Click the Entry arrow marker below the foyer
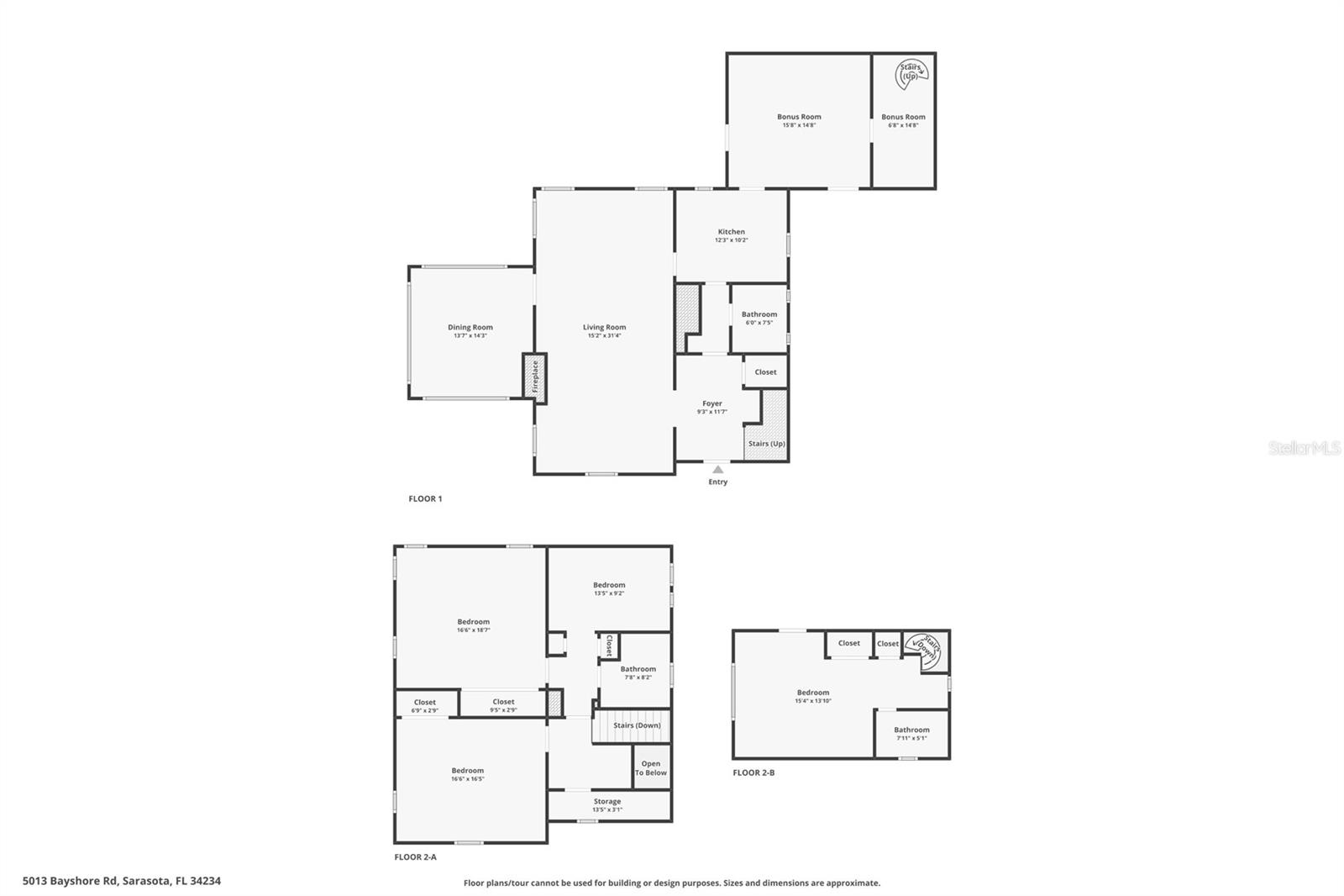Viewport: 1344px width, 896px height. pyautogui.click(x=717, y=470)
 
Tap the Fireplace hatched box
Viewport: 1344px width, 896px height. pyautogui.click(x=534, y=377)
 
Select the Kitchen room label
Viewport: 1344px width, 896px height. pyautogui.click(x=731, y=232)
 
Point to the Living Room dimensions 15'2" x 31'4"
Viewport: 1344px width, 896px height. pyautogui.click(x=604, y=336)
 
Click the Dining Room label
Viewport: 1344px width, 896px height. pyautogui.click(x=470, y=328)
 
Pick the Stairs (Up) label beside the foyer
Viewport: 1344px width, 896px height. pyautogui.click(x=766, y=444)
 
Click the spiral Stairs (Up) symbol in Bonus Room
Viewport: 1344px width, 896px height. pyautogui.click(x=911, y=73)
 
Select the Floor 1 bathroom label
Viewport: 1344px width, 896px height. pyautogui.click(x=759, y=314)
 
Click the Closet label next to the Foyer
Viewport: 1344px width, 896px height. pyautogui.click(x=765, y=372)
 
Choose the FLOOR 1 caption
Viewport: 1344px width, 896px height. pyautogui.click(x=425, y=499)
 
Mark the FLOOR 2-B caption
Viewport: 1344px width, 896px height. pyautogui.click(x=753, y=772)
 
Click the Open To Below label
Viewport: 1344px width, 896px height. pyautogui.click(x=651, y=768)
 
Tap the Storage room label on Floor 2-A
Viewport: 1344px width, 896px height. pyautogui.click(x=607, y=802)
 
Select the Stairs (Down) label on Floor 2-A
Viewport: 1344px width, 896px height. pyautogui.click(x=637, y=725)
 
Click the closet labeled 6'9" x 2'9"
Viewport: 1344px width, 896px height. pyautogui.click(x=425, y=706)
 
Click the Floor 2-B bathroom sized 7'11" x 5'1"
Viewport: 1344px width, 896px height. pyautogui.click(x=911, y=734)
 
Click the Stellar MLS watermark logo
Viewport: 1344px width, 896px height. pyautogui.click(x=1304, y=449)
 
